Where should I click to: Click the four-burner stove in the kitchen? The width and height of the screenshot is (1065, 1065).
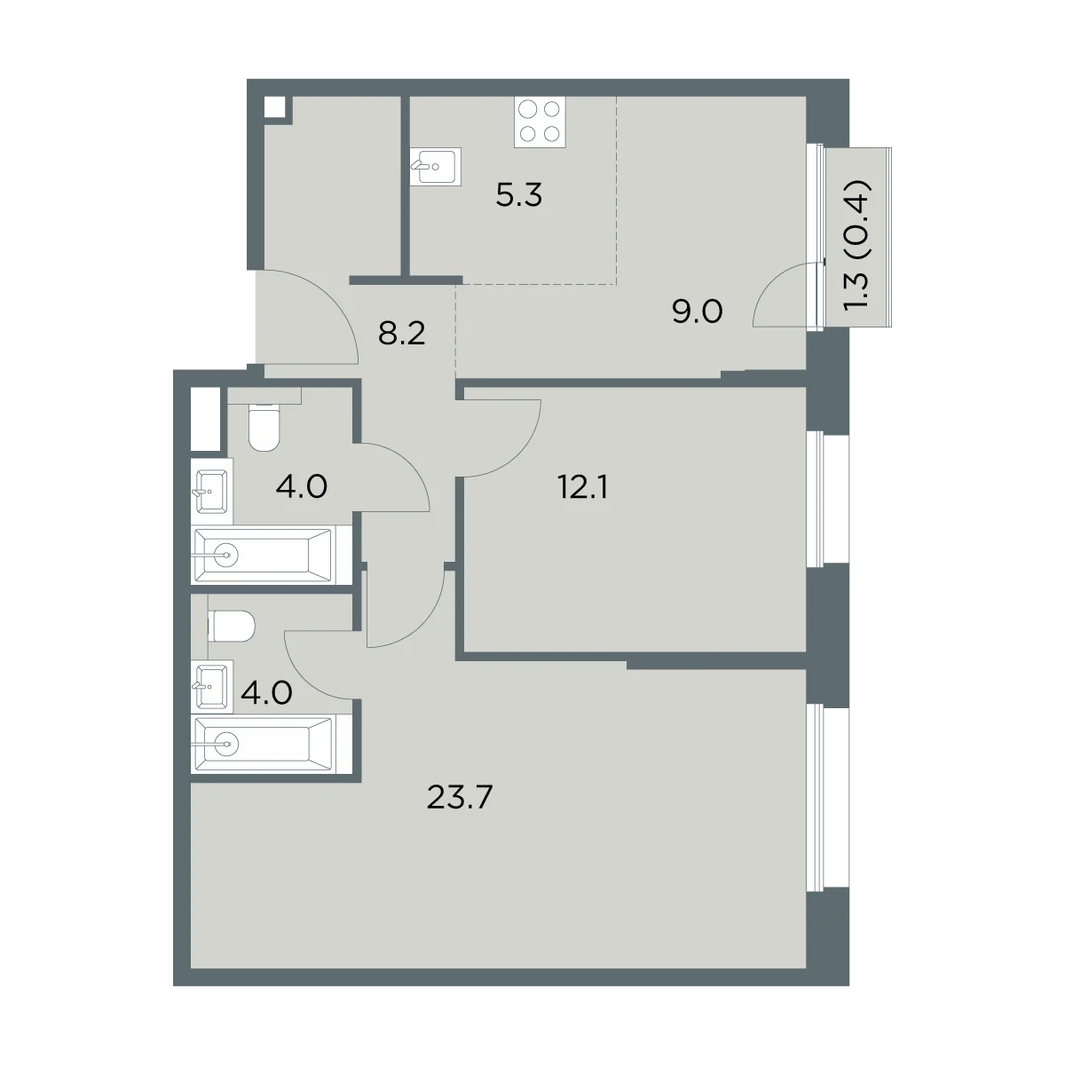(x=540, y=122)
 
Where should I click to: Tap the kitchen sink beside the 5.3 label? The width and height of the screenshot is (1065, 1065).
(x=436, y=166)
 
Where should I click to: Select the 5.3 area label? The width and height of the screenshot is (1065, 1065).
(x=519, y=195)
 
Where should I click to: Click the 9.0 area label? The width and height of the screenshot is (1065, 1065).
(x=698, y=312)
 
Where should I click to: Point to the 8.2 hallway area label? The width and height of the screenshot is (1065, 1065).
(x=402, y=334)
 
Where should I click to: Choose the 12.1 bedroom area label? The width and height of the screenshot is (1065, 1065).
(x=583, y=488)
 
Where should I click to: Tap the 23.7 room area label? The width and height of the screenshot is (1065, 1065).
(x=459, y=797)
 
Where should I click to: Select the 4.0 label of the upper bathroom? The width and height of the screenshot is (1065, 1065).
(x=302, y=487)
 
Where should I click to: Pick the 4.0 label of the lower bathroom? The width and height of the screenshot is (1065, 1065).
(x=266, y=693)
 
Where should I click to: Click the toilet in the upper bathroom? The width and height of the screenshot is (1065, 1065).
(x=263, y=428)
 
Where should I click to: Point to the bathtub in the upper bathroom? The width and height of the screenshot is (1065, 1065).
(x=263, y=555)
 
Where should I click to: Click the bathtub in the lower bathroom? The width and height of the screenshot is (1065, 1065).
(x=263, y=744)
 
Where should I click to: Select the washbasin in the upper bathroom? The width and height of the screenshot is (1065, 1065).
(x=212, y=491)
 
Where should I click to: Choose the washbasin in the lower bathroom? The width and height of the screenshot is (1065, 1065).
(x=212, y=686)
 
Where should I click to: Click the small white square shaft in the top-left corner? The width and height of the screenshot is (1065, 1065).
(x=274, y=106)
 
